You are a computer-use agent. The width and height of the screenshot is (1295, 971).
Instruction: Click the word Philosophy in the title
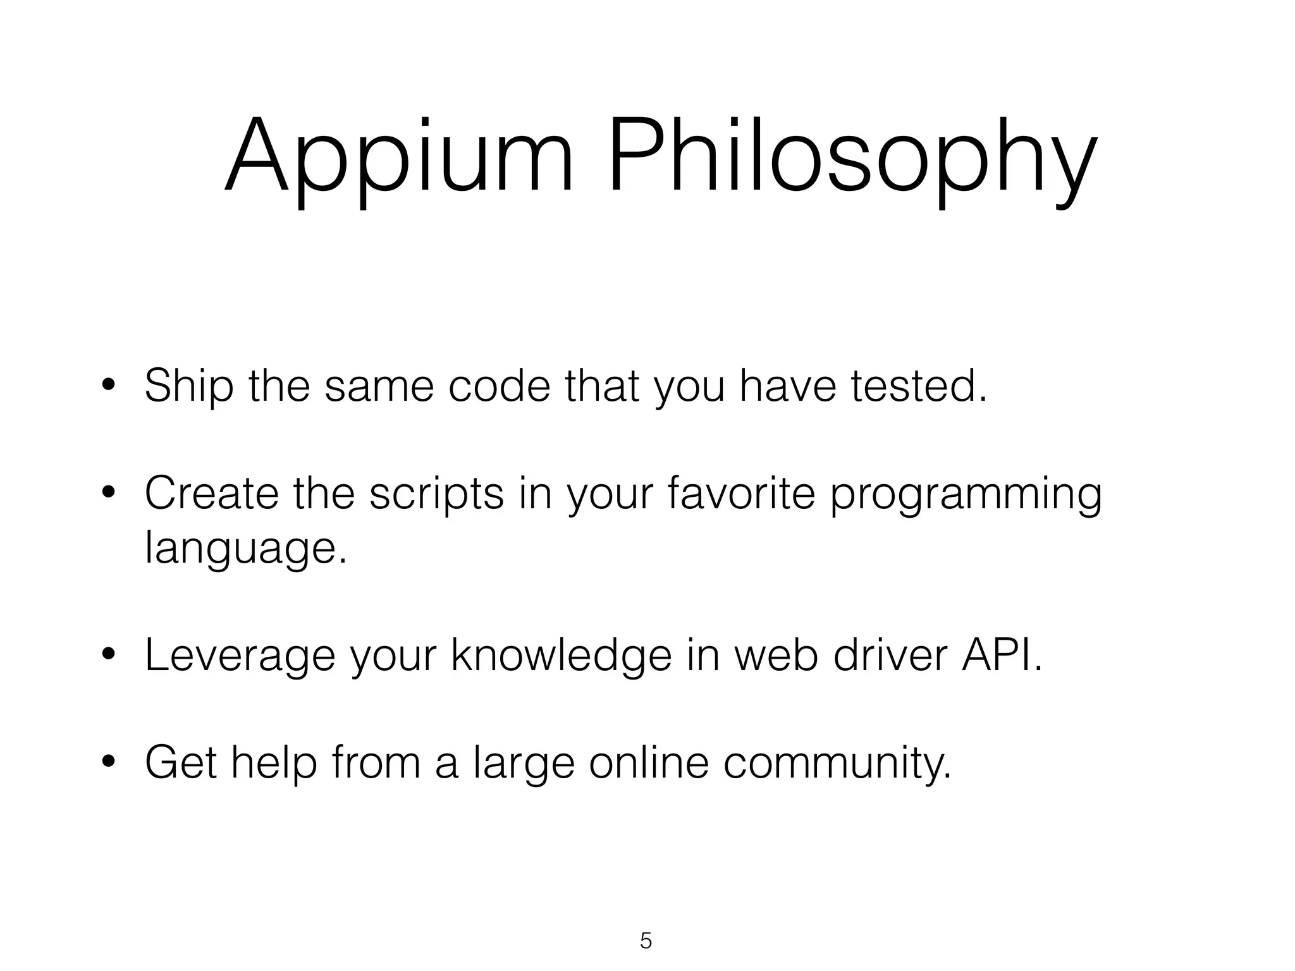pos(850,158)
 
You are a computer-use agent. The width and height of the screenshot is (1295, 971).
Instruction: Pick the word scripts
pos(436,495)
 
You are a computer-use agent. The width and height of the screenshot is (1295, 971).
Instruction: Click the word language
pos(245,549)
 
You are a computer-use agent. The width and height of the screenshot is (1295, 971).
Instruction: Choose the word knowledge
pos(562,656)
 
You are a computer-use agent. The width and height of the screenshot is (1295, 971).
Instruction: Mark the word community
pos(837,764)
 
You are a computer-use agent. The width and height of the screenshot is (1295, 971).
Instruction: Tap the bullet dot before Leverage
pos(109,657)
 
